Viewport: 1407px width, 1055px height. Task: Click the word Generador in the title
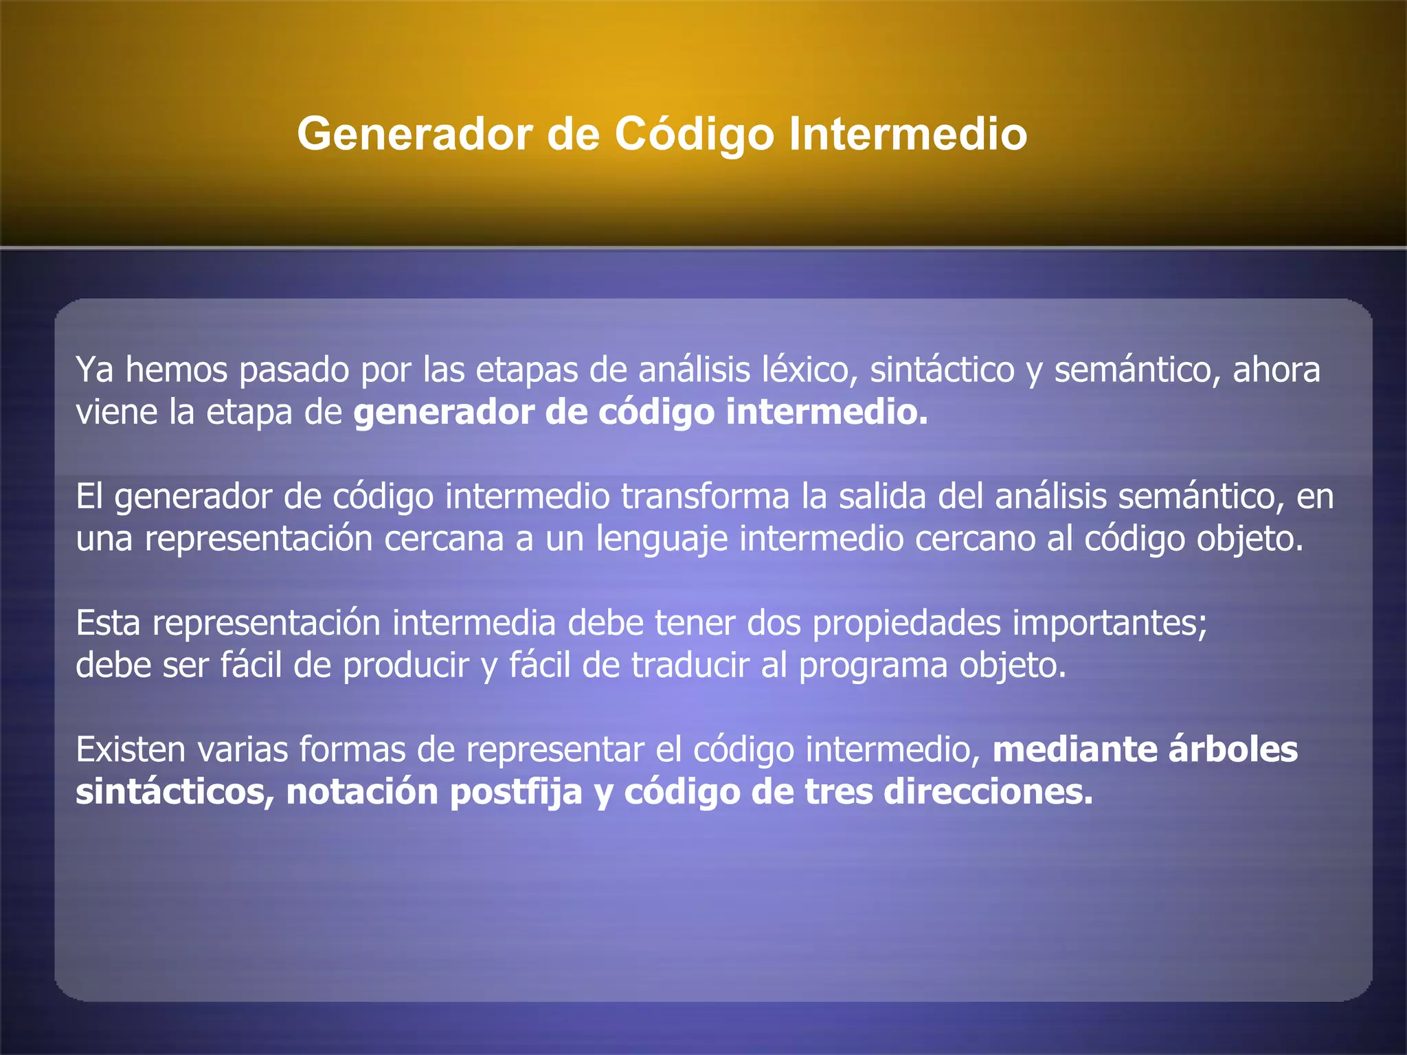[414, 134]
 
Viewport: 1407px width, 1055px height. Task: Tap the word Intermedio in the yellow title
[908, 134]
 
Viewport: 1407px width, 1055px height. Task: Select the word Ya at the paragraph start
[94, 370]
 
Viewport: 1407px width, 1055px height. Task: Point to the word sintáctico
[942, 370]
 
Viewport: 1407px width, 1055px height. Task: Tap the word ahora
[1276, 370]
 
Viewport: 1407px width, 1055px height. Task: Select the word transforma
[706, 497]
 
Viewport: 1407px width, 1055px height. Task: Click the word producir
[405, 666]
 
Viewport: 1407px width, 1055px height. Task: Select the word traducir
[690, 666]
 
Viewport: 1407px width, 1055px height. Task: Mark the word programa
[873, 666]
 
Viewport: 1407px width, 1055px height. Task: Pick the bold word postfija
[516, 792]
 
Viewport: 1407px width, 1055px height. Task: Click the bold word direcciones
[988, 792]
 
